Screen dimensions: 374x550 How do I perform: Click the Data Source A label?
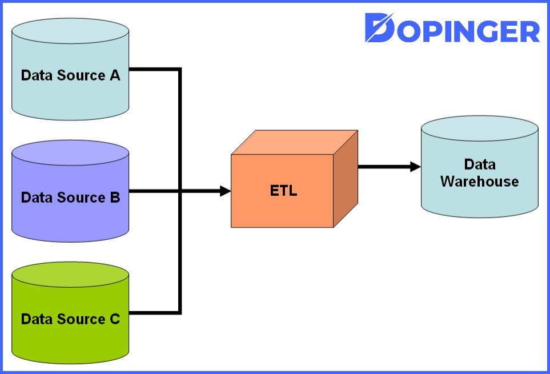click(x=70, y=75)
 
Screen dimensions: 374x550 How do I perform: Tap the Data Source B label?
click(x=70, y=198)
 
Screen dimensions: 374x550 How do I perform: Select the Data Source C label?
click(x=70, y=319)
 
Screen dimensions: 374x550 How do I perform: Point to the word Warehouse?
click(x=480, y=182)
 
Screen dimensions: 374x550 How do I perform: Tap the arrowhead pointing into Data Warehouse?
click(x=415, y=167)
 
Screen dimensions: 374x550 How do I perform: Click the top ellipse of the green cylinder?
click(x=70, y=273)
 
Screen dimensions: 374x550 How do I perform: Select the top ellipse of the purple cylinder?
click(x=70, y=151)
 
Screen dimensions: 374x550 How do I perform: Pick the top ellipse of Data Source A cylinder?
click(x=70, y=30)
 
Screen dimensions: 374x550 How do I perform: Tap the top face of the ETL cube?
click(x=294, y=143)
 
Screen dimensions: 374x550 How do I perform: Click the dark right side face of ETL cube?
click(x=346, y=178)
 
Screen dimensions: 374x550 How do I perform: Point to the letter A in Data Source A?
click(x=115, y=75)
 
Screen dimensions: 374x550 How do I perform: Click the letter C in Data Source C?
click(x=115, y=319)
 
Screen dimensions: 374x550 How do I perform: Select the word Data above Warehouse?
click(x=480, y=164)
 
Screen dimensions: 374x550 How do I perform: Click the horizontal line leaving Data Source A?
click(x=154, y=70)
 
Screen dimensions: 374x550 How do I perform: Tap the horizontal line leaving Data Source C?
click(x=154, y=313)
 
